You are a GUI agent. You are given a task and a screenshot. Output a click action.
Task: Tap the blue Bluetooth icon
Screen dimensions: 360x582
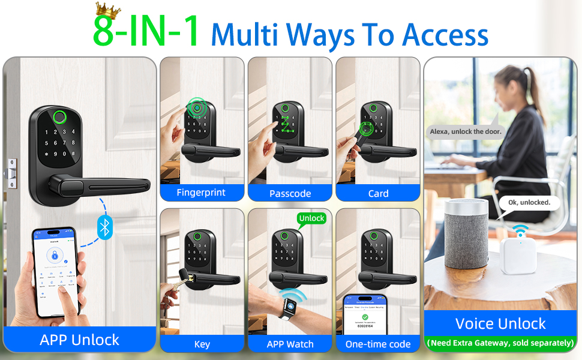coord(106,227)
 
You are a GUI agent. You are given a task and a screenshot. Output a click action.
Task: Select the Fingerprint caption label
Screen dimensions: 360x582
coord(201,193)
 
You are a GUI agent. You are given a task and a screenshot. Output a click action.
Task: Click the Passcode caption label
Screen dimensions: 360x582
coord(290,193)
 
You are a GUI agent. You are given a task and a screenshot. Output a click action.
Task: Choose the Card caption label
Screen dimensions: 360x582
coord(378,193)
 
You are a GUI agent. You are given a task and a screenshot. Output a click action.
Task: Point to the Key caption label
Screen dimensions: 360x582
coord(202,344)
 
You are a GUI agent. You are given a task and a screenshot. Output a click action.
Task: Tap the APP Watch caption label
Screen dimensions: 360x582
coord(290,344)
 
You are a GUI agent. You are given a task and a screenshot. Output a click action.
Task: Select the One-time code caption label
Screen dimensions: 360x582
coord(378,344)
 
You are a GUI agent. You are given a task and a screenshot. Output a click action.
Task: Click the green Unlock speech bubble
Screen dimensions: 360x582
coord(311,218)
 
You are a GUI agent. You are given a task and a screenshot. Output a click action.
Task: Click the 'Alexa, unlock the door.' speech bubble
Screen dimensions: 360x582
coord(466,131)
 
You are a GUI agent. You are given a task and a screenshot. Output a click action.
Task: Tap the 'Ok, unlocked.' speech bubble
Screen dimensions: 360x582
coord(529,203)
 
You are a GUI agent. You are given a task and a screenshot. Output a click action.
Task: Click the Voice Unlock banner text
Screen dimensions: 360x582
coord(500,324)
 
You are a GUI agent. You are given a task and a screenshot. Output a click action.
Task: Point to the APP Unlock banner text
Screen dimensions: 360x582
coord(79,340)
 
